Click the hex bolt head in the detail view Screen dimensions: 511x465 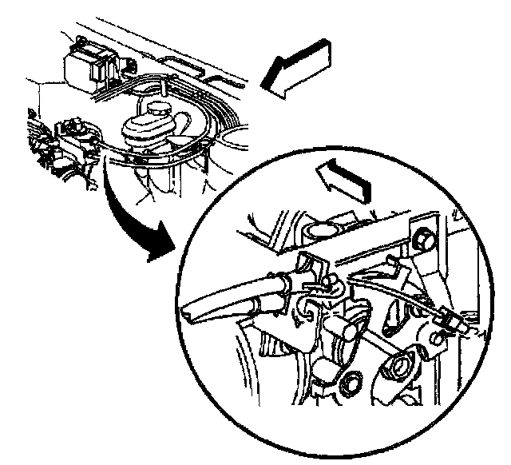pyautogui.click(x=424, y=237)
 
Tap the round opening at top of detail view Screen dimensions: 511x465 pyautogui.click(x=320, y=229)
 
